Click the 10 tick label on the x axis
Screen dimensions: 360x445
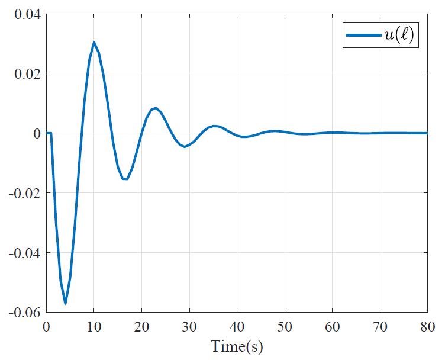tap(93, 326)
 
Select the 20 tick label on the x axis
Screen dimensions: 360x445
tap(141, 326)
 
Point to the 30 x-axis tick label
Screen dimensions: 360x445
tap(189, 326)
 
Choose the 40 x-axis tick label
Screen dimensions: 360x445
tap(237, 326)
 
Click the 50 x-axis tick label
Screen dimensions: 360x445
tap(285, 326)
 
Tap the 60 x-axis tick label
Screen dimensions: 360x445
tap(332, 326)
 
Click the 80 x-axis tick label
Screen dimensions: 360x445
tap(426, 326)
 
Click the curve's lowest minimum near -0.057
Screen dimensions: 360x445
tap(65, 303)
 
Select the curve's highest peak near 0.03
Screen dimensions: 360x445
tap(93, 43)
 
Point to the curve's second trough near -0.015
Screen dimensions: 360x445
tap(125, 179)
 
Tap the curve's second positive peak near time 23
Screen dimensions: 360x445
tap(156, 108)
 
